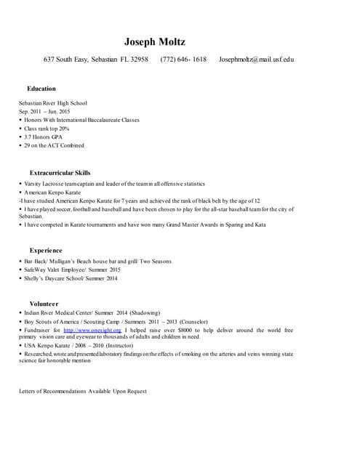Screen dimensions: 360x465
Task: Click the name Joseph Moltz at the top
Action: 155,41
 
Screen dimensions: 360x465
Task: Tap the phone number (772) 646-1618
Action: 183,60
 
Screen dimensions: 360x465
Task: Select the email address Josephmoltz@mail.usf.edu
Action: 256,60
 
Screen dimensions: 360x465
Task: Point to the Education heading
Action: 41,89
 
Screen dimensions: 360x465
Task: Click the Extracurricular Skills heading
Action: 60,172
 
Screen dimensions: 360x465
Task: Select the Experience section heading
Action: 46,250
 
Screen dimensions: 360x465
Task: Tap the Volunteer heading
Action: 44,302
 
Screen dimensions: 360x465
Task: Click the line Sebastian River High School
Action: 53,103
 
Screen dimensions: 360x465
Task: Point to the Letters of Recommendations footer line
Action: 82,391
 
